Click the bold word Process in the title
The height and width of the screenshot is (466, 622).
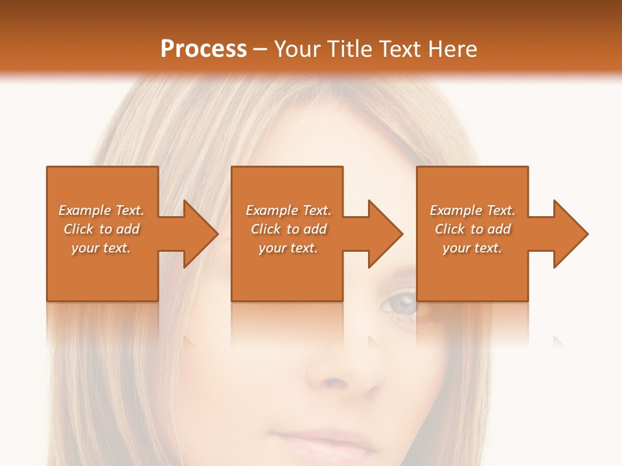click(x=203, y=49)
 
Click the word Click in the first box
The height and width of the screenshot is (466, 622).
click(x=79, y=229)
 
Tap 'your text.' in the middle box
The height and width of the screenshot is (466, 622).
click(x=288, y=248)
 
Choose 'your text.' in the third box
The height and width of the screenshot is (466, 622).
click(x=472, y=248)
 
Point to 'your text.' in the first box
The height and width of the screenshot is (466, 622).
click(x=100, y=248)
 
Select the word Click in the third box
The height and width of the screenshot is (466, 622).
click(x=450, y=229)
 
